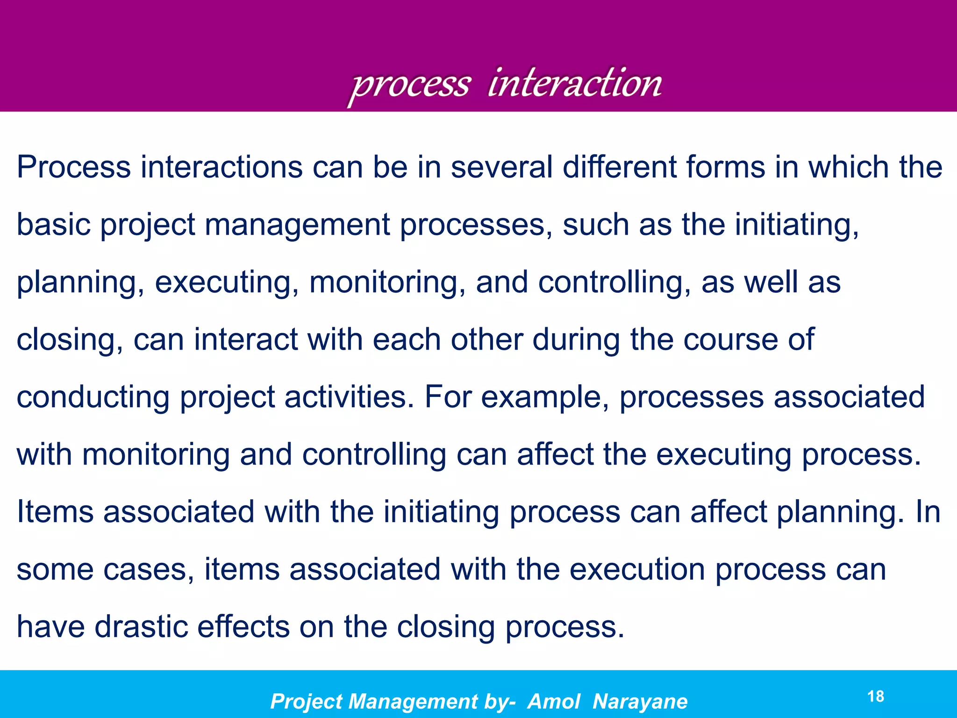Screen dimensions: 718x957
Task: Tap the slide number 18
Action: [x=876, y=696]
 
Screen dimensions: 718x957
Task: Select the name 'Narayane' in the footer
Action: [x=640, y=702]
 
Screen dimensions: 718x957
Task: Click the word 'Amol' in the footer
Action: [x=554, y=702]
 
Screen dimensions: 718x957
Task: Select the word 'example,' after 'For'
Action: [x=545, y=397]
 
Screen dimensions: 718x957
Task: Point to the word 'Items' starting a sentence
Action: [x=55, y=512]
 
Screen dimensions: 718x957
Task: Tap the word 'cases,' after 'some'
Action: [x=149, y=569]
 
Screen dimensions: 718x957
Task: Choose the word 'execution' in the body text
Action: [x=637, y=569]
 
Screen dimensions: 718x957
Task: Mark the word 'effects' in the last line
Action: [x=243, y=627]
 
